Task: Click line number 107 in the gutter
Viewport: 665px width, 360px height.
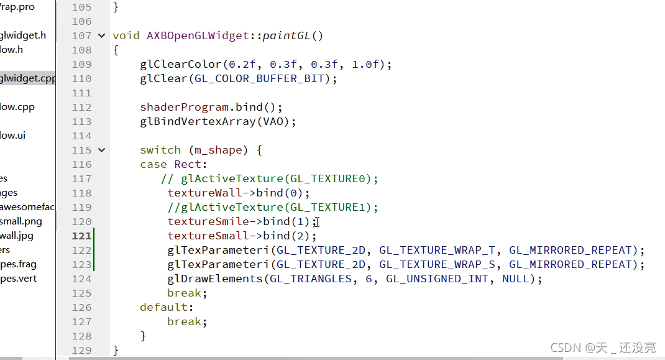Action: coord(81,35)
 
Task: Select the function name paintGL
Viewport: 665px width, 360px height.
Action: coord(286,35)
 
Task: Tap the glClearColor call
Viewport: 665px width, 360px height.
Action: coord(181,64)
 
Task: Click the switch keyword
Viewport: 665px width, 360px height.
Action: coord(160,150)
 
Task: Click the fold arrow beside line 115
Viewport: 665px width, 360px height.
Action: coord(101,150)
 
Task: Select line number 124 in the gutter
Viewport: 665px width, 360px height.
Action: coord(81,279)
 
